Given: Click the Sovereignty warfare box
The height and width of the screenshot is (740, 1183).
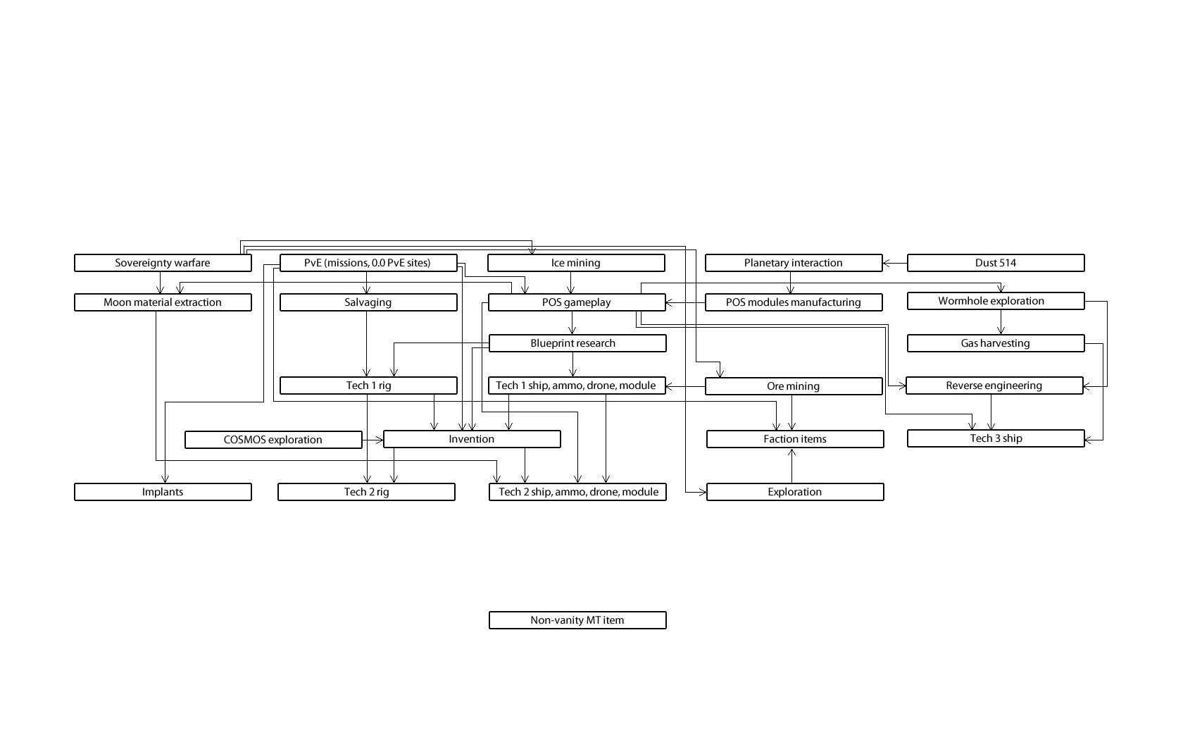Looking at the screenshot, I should coord(163,263).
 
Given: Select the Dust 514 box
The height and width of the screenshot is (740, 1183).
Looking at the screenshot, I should coord(996,263).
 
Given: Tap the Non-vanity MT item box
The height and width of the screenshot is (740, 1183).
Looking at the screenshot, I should coord(577,620).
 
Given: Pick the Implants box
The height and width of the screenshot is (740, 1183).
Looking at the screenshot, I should coord(163,492).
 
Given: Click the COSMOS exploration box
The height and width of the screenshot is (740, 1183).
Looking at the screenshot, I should coord(273,440).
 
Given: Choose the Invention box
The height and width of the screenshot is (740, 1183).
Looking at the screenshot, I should coord(472,439).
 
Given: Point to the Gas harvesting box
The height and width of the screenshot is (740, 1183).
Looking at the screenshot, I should coord(996,343).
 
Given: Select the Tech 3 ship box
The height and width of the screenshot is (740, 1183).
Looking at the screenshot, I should coord(996,438).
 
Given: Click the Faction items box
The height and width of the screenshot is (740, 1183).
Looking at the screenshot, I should coord(795,439).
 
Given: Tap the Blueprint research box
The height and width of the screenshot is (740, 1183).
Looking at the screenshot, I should coord(577,343).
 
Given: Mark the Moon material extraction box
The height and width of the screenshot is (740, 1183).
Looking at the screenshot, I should coord(163,302).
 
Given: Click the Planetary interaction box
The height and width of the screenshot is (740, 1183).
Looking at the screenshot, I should coord(794,263).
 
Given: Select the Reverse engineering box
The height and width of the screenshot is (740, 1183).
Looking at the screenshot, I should coord(994,386).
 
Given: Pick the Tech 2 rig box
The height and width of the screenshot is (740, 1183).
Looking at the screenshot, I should coord(366,492).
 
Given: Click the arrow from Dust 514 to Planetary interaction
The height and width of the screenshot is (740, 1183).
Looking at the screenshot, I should coord(895,263).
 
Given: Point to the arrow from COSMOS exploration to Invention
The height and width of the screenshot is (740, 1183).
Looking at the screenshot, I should coord(373,440).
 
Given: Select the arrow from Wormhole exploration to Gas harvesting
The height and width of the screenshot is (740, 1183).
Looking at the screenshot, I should coord(1001,322).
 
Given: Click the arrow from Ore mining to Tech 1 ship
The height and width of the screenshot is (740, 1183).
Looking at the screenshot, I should coord(686,386).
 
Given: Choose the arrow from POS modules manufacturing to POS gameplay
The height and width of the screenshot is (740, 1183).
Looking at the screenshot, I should coord(686,302).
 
